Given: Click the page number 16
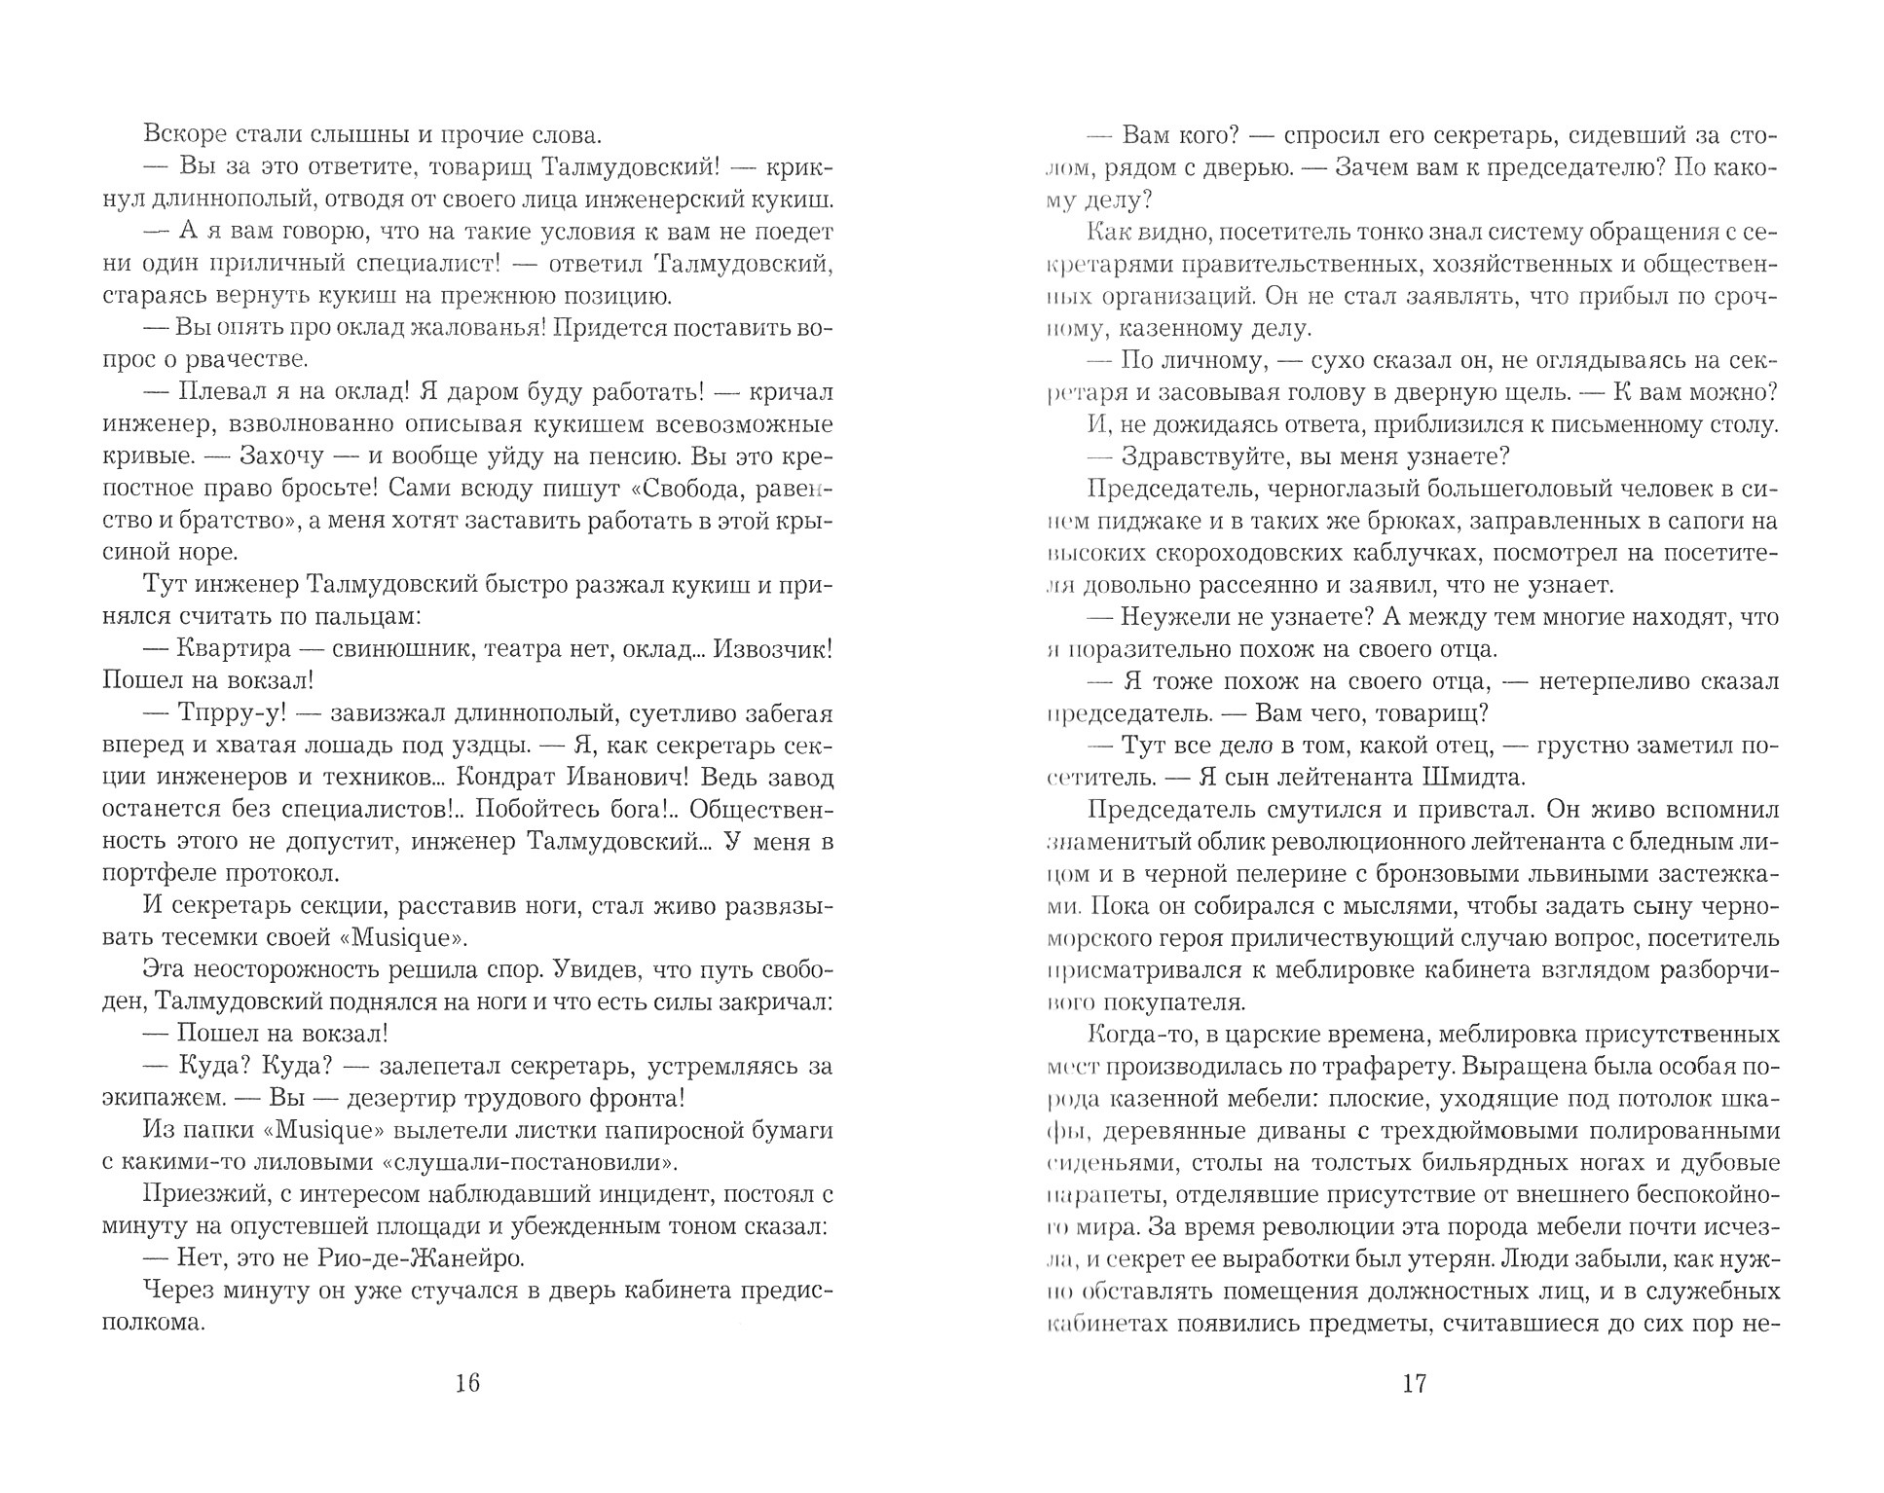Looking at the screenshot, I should tap(468, 1384).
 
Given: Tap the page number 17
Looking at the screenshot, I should tap(1414, 1384).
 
